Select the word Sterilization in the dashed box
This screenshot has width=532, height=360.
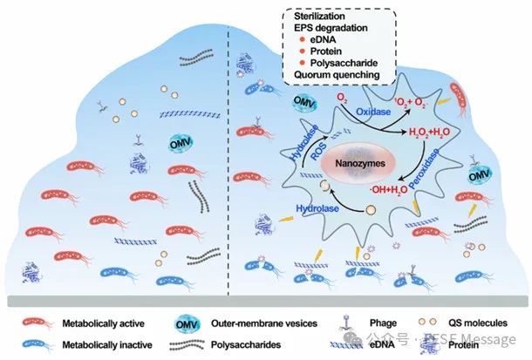coord(320,16)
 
